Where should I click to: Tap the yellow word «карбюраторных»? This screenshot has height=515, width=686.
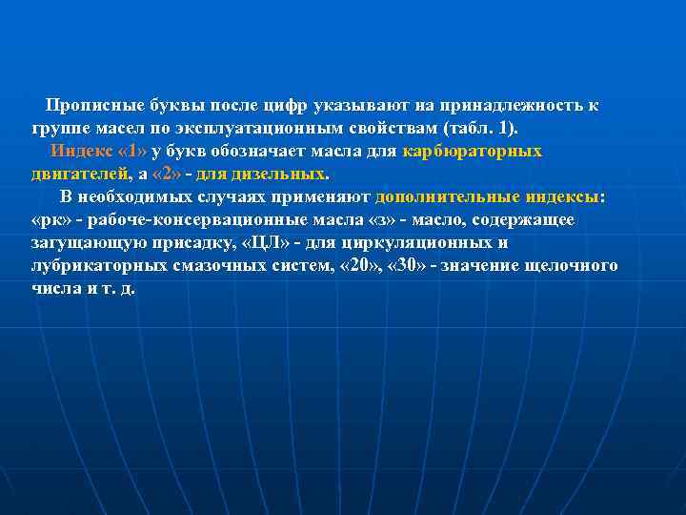[x=473, y=151]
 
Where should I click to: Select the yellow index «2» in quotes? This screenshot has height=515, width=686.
[x=172, y=174]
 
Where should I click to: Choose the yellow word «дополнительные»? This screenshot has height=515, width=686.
[x=448, y=196]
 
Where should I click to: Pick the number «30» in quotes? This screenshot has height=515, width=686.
[x=409, y=265]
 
